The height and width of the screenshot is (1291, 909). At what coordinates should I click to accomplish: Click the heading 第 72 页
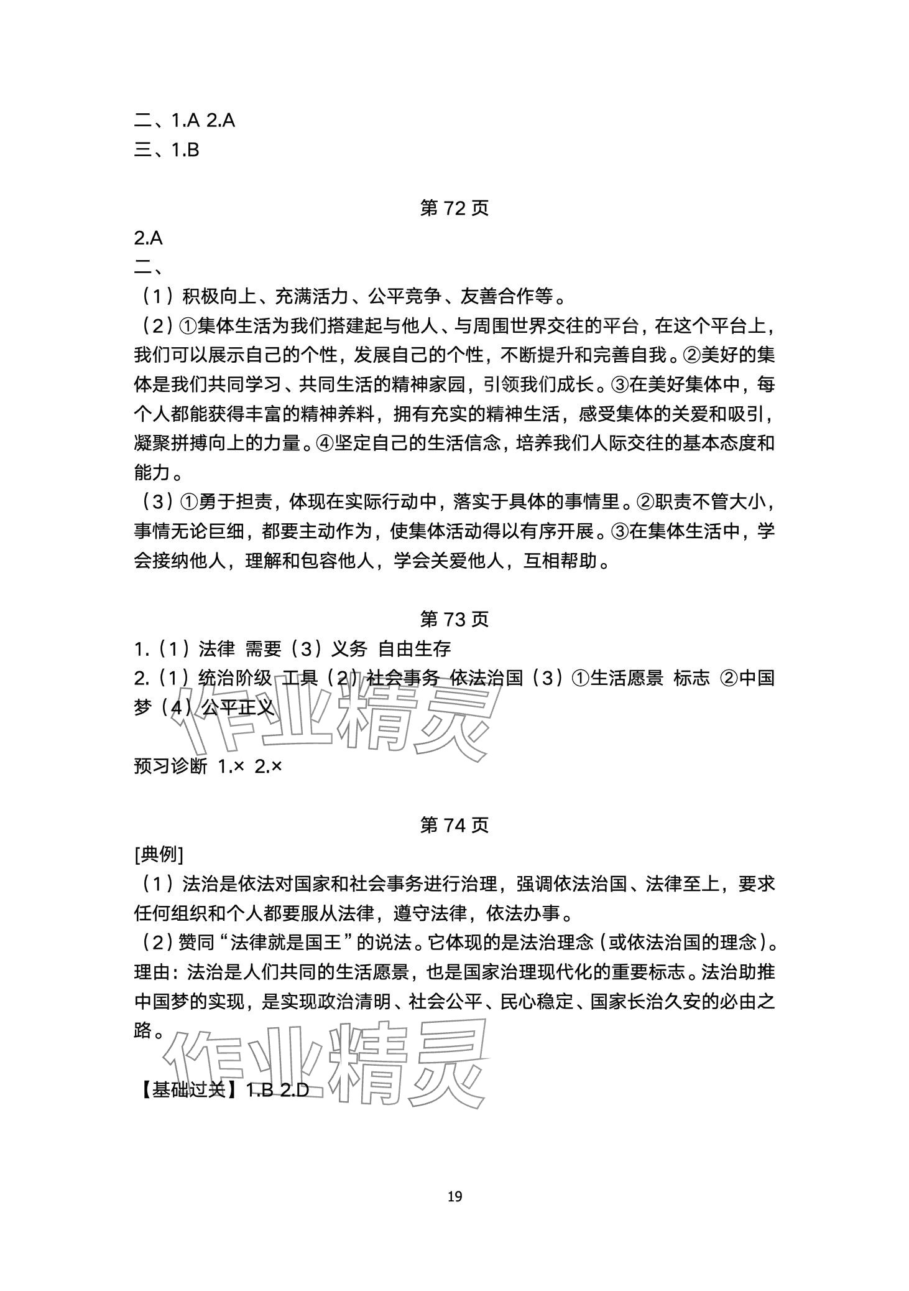454,208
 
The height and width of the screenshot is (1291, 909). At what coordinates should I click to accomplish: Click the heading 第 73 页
454,619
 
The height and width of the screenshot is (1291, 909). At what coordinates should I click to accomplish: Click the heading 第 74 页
454,825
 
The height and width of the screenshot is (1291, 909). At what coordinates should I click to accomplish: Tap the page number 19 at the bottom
455,1196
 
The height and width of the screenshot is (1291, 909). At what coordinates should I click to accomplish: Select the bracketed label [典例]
159,854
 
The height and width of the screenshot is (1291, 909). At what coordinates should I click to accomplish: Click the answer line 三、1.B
167,150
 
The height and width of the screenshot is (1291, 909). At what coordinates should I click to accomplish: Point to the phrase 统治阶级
235,678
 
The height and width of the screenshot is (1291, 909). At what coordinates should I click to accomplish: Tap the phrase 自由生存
415,649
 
